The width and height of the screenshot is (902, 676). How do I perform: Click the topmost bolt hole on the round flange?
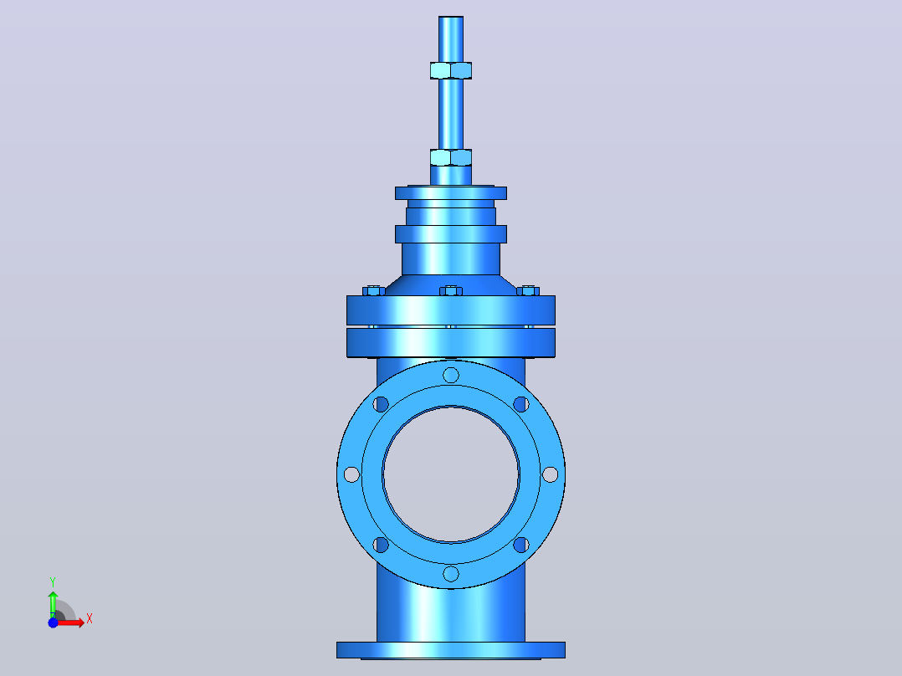coord(451,375)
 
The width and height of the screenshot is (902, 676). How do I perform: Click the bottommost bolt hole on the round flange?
coord(451,574)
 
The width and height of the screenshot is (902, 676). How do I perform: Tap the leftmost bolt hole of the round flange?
coord(351,474)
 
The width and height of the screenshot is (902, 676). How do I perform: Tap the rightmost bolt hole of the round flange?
coord(550,474)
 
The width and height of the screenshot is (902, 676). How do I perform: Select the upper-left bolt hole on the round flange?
coord(381,404)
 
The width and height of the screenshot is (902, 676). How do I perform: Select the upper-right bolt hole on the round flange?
coord(521,404)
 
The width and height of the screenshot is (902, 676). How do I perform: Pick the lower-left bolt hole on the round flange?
coord(381,545)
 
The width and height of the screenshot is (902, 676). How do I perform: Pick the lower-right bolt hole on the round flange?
coord(521,545)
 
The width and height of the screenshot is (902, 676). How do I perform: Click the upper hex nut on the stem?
coord(451,70)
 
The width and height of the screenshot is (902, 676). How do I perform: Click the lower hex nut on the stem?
coord(451,157)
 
